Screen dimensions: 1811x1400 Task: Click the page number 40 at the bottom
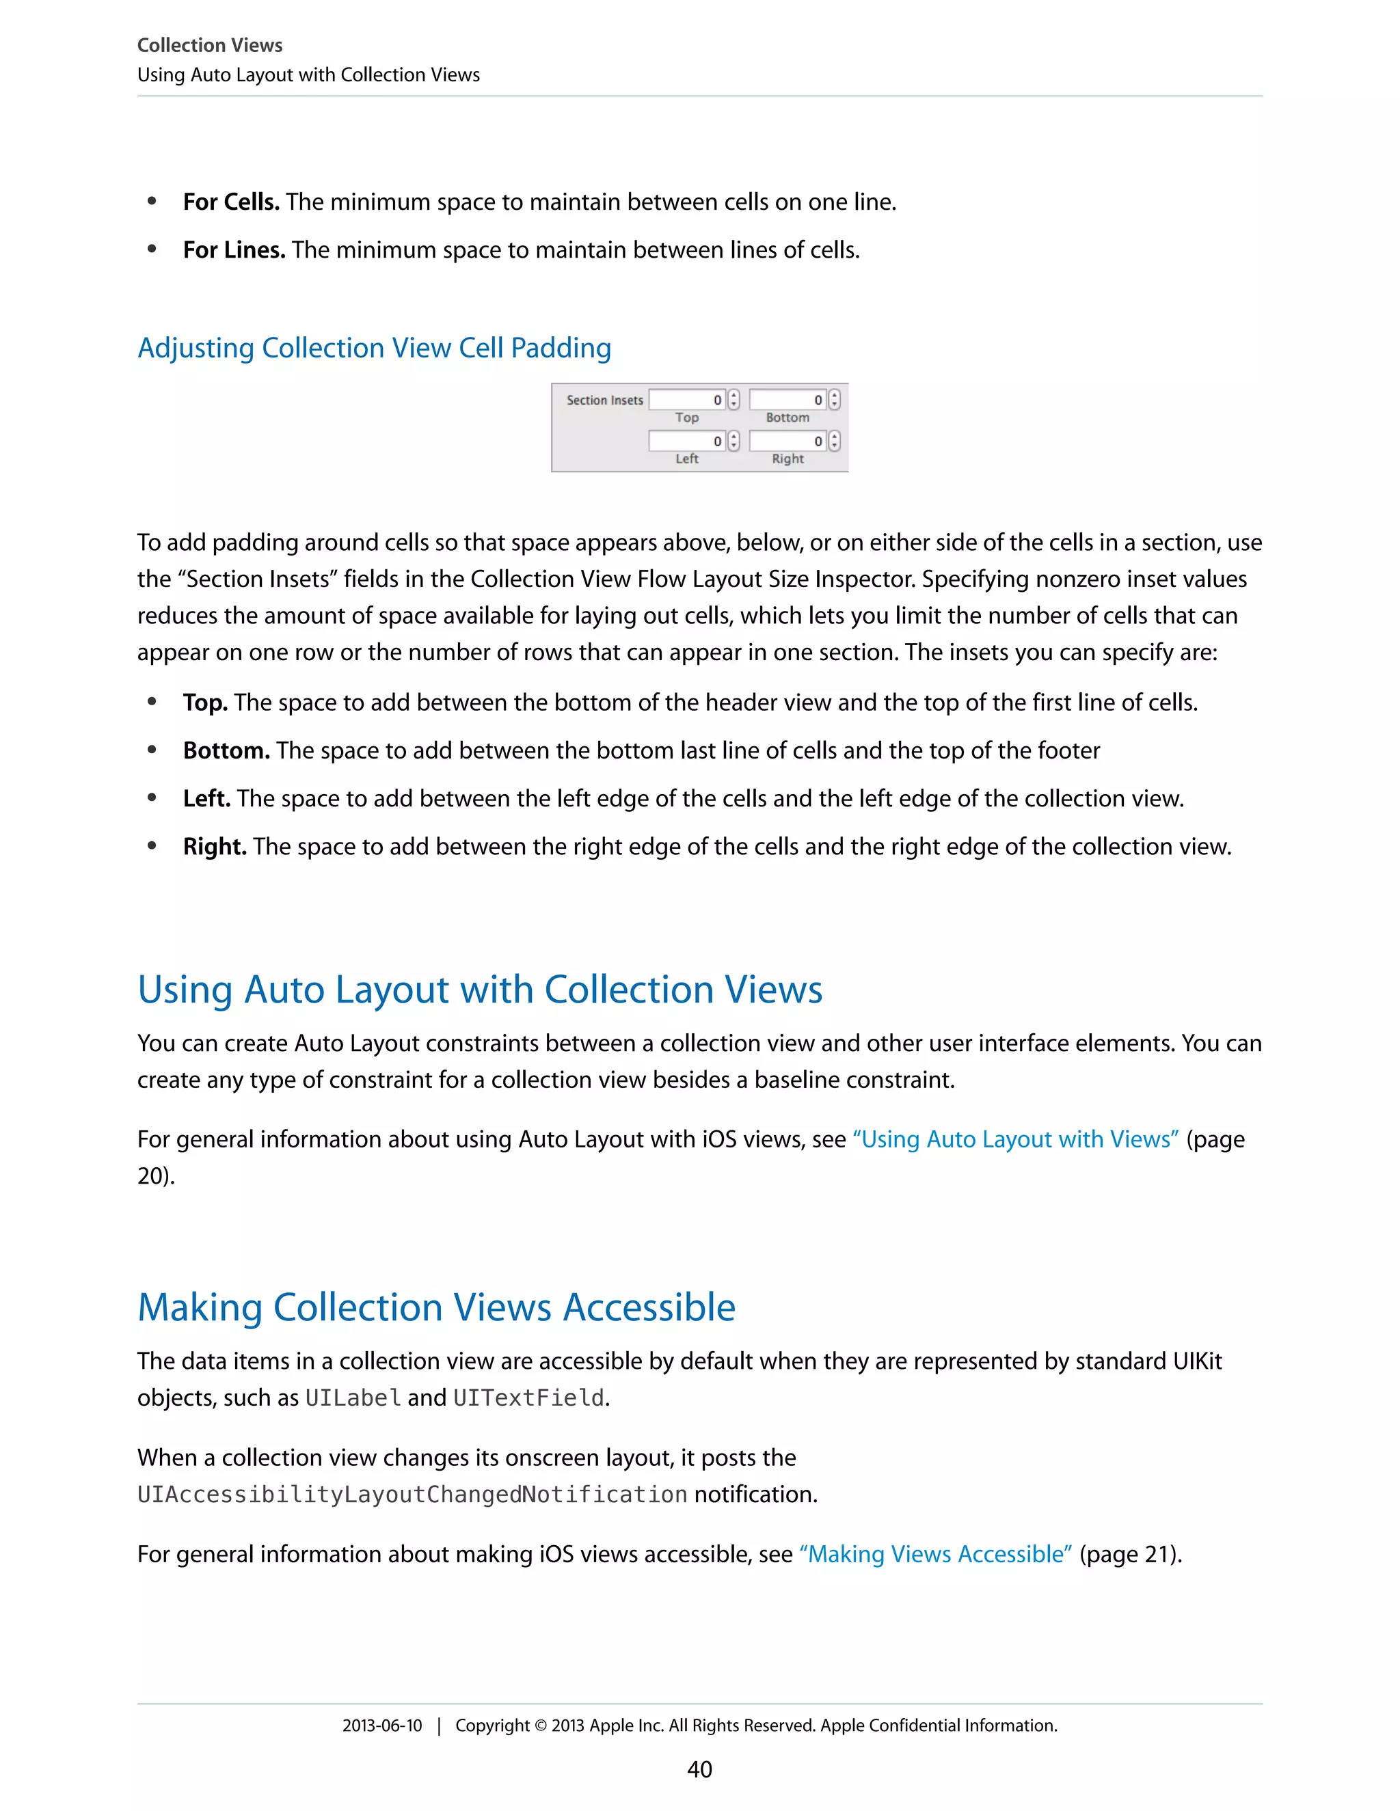[699, 1769]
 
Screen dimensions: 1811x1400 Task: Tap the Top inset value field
[687, 400]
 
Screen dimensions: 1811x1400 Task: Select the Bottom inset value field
[787, 400]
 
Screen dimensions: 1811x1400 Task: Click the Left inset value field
[687, 441]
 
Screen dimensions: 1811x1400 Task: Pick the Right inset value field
[787, 441]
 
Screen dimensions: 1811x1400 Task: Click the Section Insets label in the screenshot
[604, 400]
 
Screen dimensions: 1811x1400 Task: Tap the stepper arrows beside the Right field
[835, 441]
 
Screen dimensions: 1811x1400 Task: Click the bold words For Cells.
[230, 202]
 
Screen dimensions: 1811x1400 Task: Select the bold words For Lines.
[234, 249]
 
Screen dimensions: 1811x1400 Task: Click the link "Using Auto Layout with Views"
[1015, 1139]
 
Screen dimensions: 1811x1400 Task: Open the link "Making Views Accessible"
[936, 1554]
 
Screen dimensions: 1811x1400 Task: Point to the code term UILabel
[353, 1398]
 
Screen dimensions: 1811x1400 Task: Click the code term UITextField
[528, 1398]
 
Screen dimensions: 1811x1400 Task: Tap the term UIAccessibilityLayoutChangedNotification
[412, 1494]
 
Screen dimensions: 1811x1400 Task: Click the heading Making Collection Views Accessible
[436, 1307]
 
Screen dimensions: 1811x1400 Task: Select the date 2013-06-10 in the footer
[381, 1726]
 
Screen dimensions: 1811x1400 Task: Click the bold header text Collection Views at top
[210, 45]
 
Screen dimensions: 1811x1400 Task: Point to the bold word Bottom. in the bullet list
[226, 750]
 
